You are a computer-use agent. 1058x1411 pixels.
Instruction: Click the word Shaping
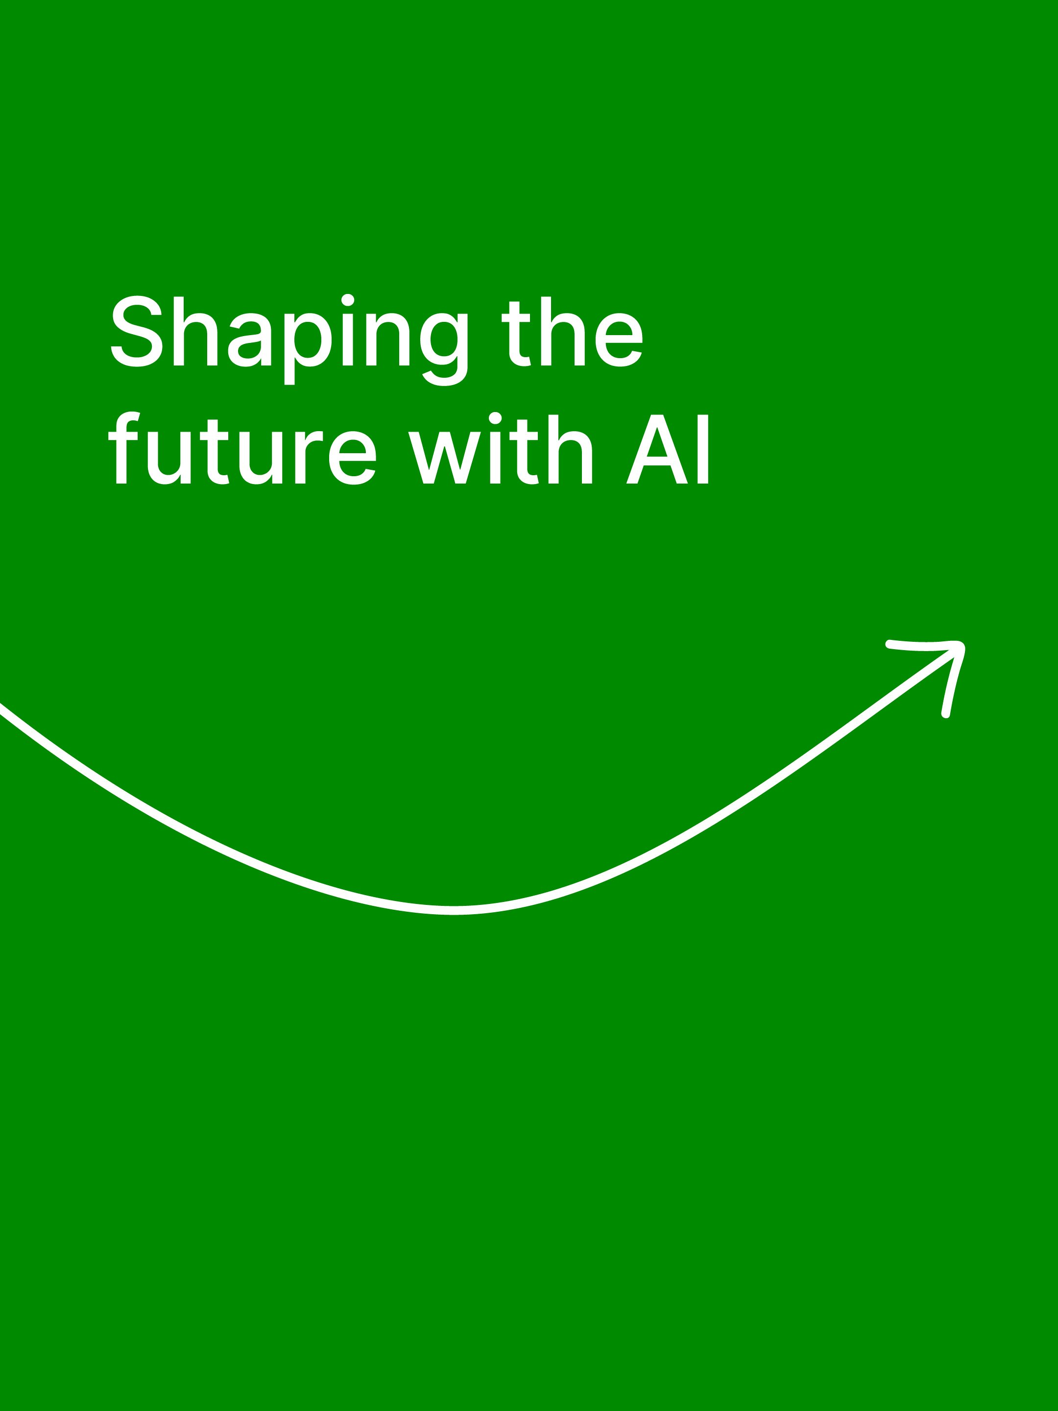point(289,340)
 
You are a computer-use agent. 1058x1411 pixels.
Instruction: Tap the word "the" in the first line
point(572,332)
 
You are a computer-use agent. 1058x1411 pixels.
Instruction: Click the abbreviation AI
point(667,449)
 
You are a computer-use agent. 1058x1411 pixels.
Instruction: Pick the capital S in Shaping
point(137,331)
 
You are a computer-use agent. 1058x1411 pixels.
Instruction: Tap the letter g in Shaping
point(444,349)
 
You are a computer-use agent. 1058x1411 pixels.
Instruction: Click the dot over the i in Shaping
point(348,300)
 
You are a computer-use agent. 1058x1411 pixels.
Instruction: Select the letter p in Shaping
point(308,349)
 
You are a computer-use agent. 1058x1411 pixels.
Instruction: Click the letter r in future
point(309,458)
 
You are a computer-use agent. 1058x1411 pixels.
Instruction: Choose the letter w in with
point(444,458)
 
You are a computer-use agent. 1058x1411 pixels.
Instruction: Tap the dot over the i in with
point(495,418)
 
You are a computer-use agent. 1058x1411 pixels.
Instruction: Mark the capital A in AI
point(657,449)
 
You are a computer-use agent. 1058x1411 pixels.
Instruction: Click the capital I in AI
point(703,449)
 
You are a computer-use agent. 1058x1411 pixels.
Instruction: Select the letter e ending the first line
point(619,340)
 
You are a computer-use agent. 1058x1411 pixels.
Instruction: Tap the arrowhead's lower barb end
point(946,714)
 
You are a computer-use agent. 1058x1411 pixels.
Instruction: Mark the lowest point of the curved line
point(454,910)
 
